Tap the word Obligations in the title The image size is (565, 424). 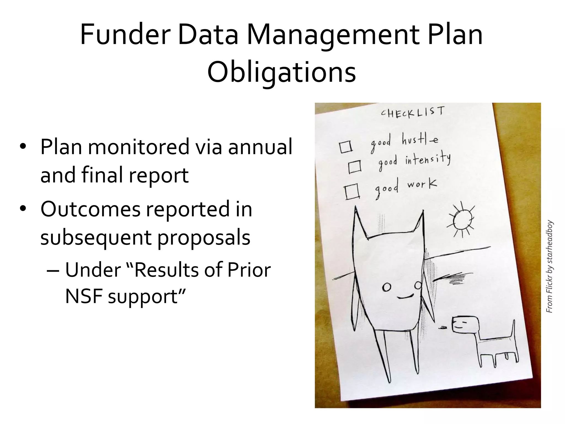point(281,72)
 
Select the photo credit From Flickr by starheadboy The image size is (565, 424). point(550,266)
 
